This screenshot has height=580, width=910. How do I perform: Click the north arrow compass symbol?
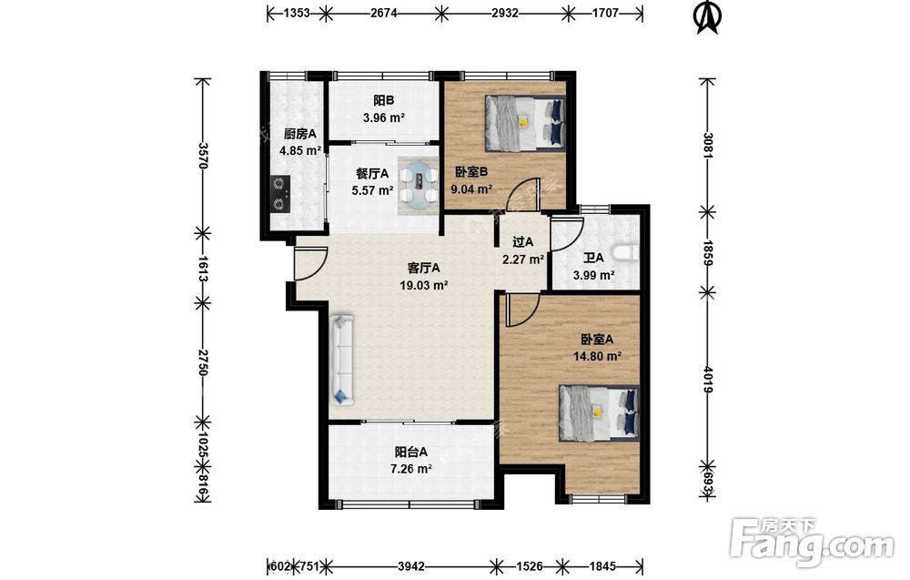click(707, 16)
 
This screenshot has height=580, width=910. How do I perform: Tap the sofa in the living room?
click(342, 360)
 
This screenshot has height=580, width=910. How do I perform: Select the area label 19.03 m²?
click(424, 285)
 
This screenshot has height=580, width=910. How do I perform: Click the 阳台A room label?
click(411, 452)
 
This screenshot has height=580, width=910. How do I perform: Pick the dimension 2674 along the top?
click(384, 12)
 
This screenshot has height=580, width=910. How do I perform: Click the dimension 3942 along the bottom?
click(411, 565)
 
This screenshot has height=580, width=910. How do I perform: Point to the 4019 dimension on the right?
click(707, 380)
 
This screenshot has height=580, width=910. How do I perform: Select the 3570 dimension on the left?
click(202, 155)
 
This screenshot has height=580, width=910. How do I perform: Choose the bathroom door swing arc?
click(566, 234)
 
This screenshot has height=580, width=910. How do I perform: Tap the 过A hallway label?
click(523, 242)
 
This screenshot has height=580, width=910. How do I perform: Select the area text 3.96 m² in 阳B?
click(384, 117)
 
